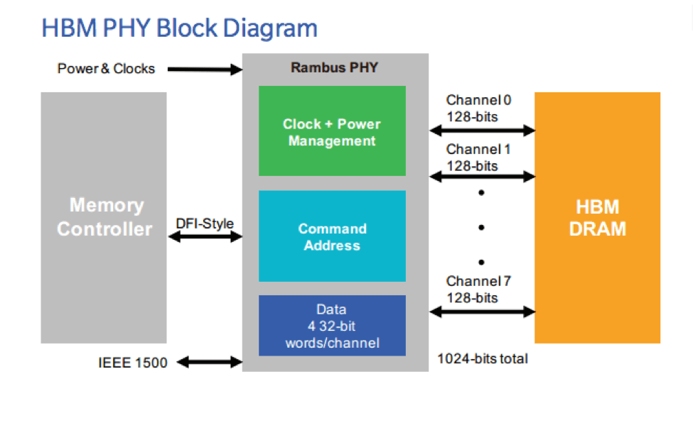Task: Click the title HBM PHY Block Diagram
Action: coord(179,28)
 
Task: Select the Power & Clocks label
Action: coord(106,69)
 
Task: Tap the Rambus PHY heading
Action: coord(334,68)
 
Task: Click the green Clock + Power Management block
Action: coord(332,131)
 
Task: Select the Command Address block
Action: coord(332,236)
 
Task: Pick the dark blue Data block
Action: coord(332,326)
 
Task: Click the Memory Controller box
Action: coord(104,217)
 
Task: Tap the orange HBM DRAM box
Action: coord(597,217)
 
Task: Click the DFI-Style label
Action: coord(205,224)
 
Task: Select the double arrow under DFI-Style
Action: coord(205,238)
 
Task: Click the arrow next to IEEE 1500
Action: coord(209,362)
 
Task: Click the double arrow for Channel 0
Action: coord(482,130)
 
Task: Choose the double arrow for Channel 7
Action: coord(482,310)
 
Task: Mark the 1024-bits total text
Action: coord(483,358)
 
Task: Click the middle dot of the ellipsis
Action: coord(482,227)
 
